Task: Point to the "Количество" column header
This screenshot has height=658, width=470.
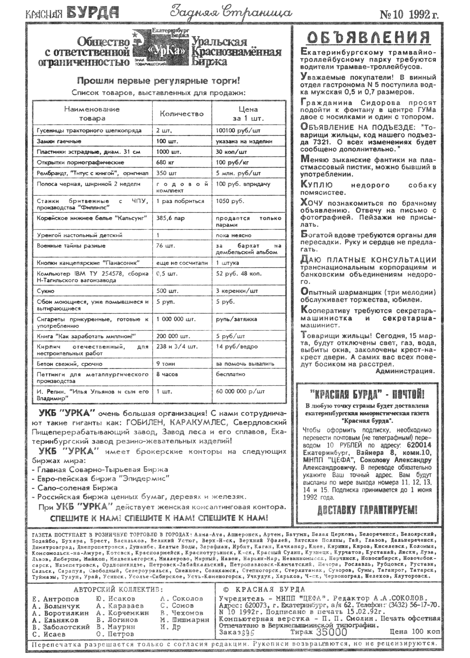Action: point(182,114)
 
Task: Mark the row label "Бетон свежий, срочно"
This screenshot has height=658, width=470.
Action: point(70,364)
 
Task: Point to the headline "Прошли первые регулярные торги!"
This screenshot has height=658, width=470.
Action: point(158,80)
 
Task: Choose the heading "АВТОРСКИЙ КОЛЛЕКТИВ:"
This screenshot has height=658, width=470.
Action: point(118,590)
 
